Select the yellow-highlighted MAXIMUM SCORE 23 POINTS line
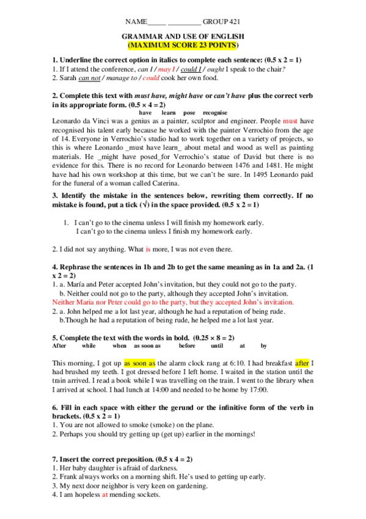[x=183, y=45]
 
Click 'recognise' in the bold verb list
[x=215, y=113]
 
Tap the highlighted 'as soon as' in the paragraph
[x=139, y=363]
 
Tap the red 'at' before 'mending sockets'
[x=104, y=495]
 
